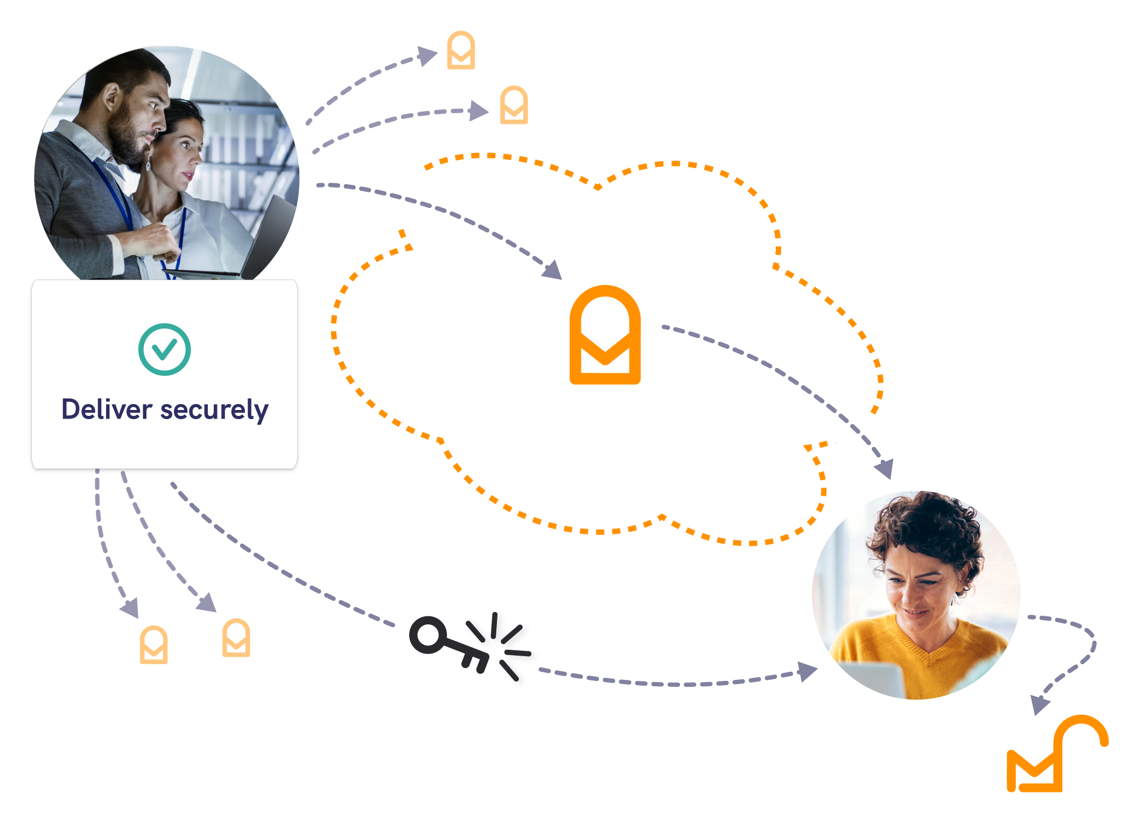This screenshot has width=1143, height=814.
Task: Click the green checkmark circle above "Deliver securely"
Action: [164, 349]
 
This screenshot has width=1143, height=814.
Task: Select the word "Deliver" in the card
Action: [107, 409]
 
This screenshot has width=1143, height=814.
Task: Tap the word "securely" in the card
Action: [214, 411]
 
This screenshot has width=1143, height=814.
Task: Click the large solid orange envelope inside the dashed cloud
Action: [605, 335]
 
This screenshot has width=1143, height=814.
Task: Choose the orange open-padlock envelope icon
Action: [1057, 753]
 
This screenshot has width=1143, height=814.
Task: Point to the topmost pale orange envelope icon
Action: [461, 50]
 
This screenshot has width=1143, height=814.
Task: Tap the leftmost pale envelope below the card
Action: [153, 644]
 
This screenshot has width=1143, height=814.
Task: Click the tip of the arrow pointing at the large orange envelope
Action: [562, 279]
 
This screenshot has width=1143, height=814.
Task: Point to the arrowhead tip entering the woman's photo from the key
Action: [818, 669]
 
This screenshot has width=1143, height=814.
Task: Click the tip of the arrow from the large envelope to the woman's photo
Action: [891, 479]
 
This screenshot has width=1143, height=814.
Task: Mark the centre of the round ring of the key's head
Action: [429, 635]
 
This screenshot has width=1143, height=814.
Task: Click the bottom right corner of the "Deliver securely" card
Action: [297, 469]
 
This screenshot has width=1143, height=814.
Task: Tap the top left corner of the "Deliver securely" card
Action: [32, 280]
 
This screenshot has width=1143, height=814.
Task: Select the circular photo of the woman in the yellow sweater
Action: [916, 595]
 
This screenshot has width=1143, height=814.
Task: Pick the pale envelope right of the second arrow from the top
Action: [514, 105]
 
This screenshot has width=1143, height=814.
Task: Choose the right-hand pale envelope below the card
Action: [236, 638]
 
